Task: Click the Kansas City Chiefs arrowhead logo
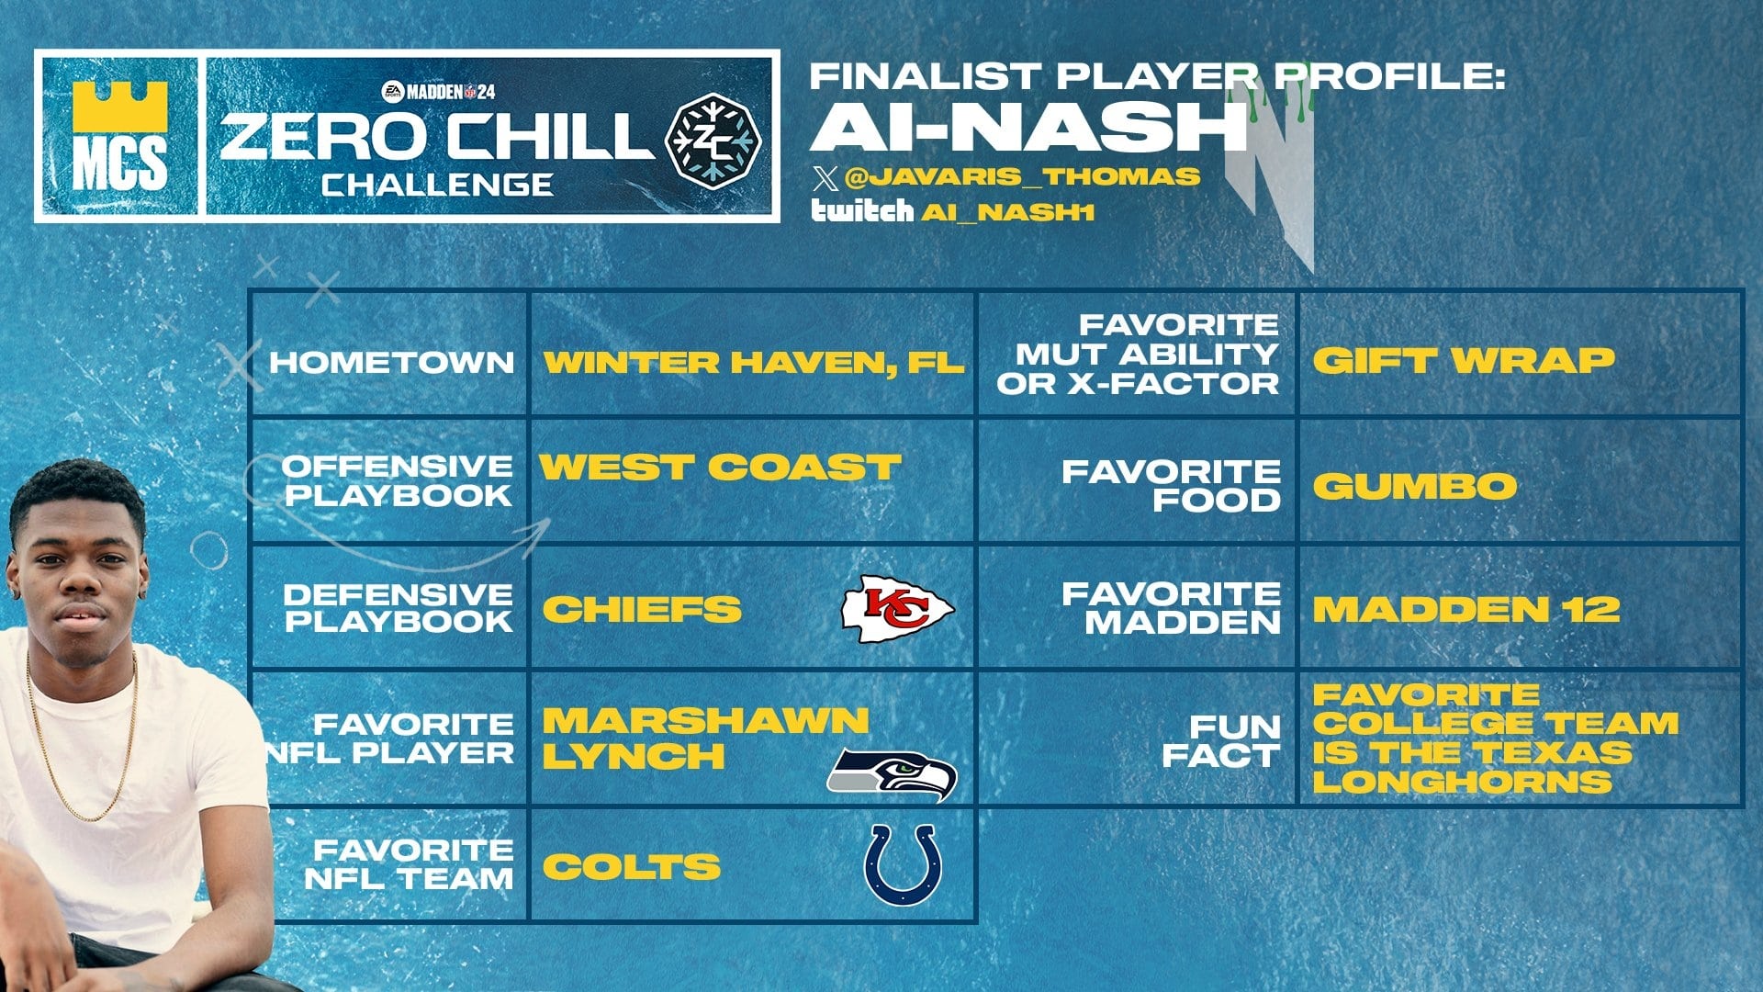(898, 608)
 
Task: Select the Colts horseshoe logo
(903, 864)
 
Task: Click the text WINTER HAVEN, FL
(754, 362)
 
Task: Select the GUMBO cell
(1414, 485)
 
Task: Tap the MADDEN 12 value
(1465, 609)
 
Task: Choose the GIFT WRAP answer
(1463, 359)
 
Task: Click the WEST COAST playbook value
(720, 467)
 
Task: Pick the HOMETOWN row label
(391, 362)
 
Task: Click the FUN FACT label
(1221, 741)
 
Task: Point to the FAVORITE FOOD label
(1172, 485)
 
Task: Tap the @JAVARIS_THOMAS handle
(1021, 175)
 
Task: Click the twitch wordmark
(861, 211)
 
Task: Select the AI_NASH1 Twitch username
(1007, 212)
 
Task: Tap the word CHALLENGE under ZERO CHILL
(437, 185)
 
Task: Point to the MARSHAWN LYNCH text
(705, 738)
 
